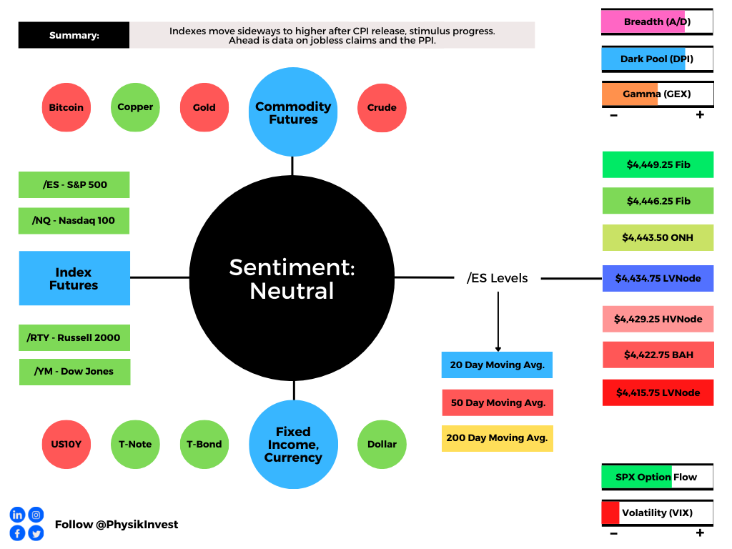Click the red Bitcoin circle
(66, 107)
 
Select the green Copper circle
(135, 107)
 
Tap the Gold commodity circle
(204, 107)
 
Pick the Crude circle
(382, 108)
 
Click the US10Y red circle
(66, 445)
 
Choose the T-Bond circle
(204, 445)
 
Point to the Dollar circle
(382, 445)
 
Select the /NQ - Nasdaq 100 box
(74, 221)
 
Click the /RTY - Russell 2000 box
(74, 337)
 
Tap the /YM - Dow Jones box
(74, 372)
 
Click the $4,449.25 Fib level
(658, 165)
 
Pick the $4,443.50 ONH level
(658, 237)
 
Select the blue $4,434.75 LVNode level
(658, 278)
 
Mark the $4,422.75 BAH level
(658, 355)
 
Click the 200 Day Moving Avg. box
(498, 438)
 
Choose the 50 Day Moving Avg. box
(498, 402)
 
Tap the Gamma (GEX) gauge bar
(658, 94)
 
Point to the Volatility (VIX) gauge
(658, 513)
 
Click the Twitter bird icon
(36, 533)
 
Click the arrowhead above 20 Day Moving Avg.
(498, 349)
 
